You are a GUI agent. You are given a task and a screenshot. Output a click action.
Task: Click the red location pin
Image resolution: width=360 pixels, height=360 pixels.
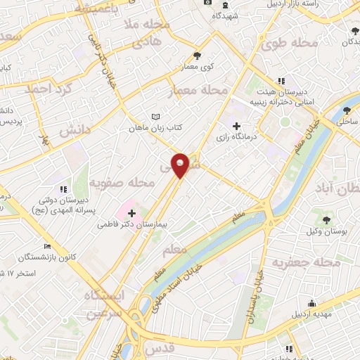pyautogui.click(x=181, y=165)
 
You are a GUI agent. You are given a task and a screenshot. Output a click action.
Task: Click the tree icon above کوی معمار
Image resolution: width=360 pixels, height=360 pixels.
pyautogui.click(x=197, y=56)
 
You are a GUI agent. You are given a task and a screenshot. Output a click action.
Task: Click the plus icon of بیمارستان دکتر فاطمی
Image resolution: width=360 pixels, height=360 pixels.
pyautogui.click(x=131, y=212)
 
